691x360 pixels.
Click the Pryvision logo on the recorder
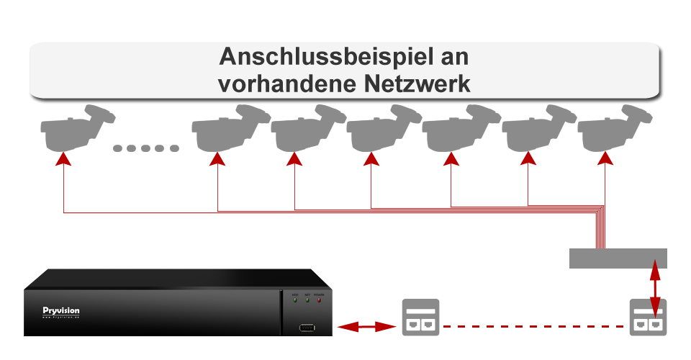pyautogui.click(x=61, y=311)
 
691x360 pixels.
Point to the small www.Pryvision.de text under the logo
pyautogui.click(x=61, y=318)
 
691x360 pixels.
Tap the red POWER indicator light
pyautogui.click(x=319, y=300)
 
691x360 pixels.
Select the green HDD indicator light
pyautogui.click(x=295, y=300)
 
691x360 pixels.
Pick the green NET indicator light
pyautogui.click(x=307, y=300)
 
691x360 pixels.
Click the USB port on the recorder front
pyautogui.click(x=307, y=329)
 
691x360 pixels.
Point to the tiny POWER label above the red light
pyautogui.click(x=319, y=294)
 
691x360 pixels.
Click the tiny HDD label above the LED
pyautogui.click(x=295, y=294)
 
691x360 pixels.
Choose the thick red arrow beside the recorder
pyautogui.click(x=368, y=327)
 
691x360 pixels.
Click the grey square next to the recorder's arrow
pyautogui.click(x=420, y=318)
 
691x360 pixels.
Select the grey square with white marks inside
pyautogui.click(x=648, y=318)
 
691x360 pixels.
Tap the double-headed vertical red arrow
pyautogui.click(x=654, y=286)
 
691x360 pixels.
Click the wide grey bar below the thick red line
pyautogui.click(x=618, y=258)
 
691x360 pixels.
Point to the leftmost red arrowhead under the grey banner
pyautogui.click(x=64, y=160)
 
